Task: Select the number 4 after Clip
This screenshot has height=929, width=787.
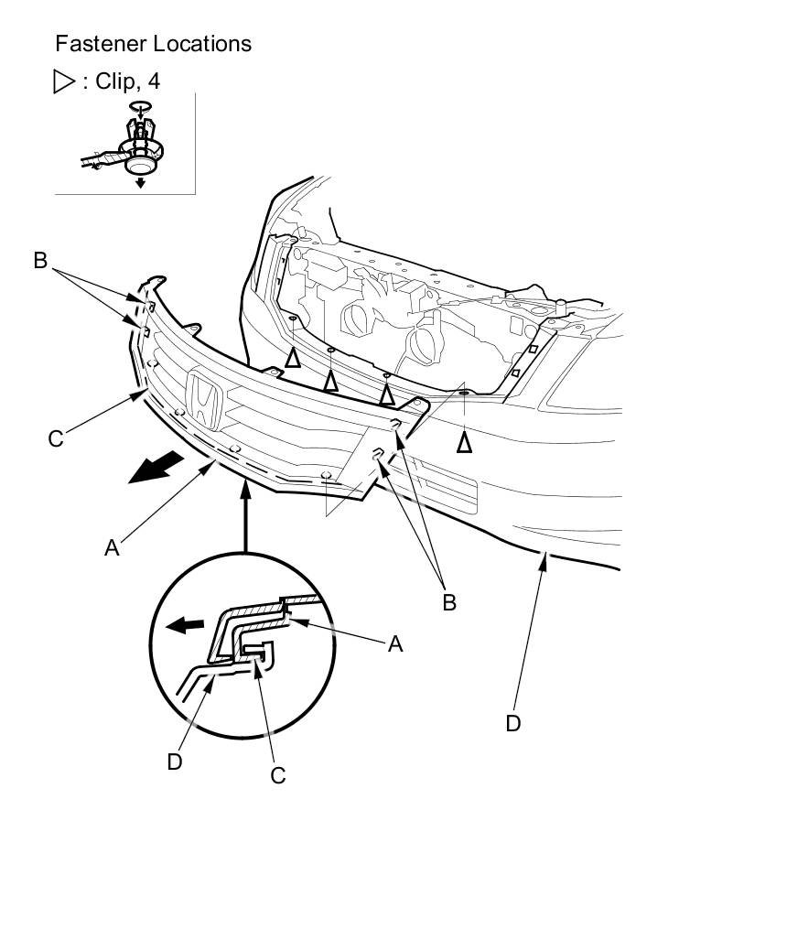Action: point(153,81)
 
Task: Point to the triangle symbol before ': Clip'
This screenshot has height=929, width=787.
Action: point(65,81)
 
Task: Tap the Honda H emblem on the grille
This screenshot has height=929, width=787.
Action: point(203,400)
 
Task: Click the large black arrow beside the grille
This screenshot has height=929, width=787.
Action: point(153,470)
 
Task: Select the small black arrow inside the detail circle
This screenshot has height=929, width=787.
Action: point(186,626)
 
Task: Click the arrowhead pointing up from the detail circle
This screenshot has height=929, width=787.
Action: point(245,492)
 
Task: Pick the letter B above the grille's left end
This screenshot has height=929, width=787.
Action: point(39,261)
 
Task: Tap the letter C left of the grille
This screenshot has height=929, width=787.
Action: point(55,439)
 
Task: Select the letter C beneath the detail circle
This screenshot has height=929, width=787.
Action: point(278,775)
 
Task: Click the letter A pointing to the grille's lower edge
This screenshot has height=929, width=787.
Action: point(112,547)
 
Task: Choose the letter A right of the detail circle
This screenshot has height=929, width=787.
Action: point(394,644)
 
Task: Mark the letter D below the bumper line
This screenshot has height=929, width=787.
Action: point(513,723)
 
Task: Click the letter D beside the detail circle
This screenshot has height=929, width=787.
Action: point(175,762)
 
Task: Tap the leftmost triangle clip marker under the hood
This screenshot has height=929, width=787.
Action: point(292,358)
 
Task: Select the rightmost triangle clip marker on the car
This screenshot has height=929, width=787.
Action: point(464,443)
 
